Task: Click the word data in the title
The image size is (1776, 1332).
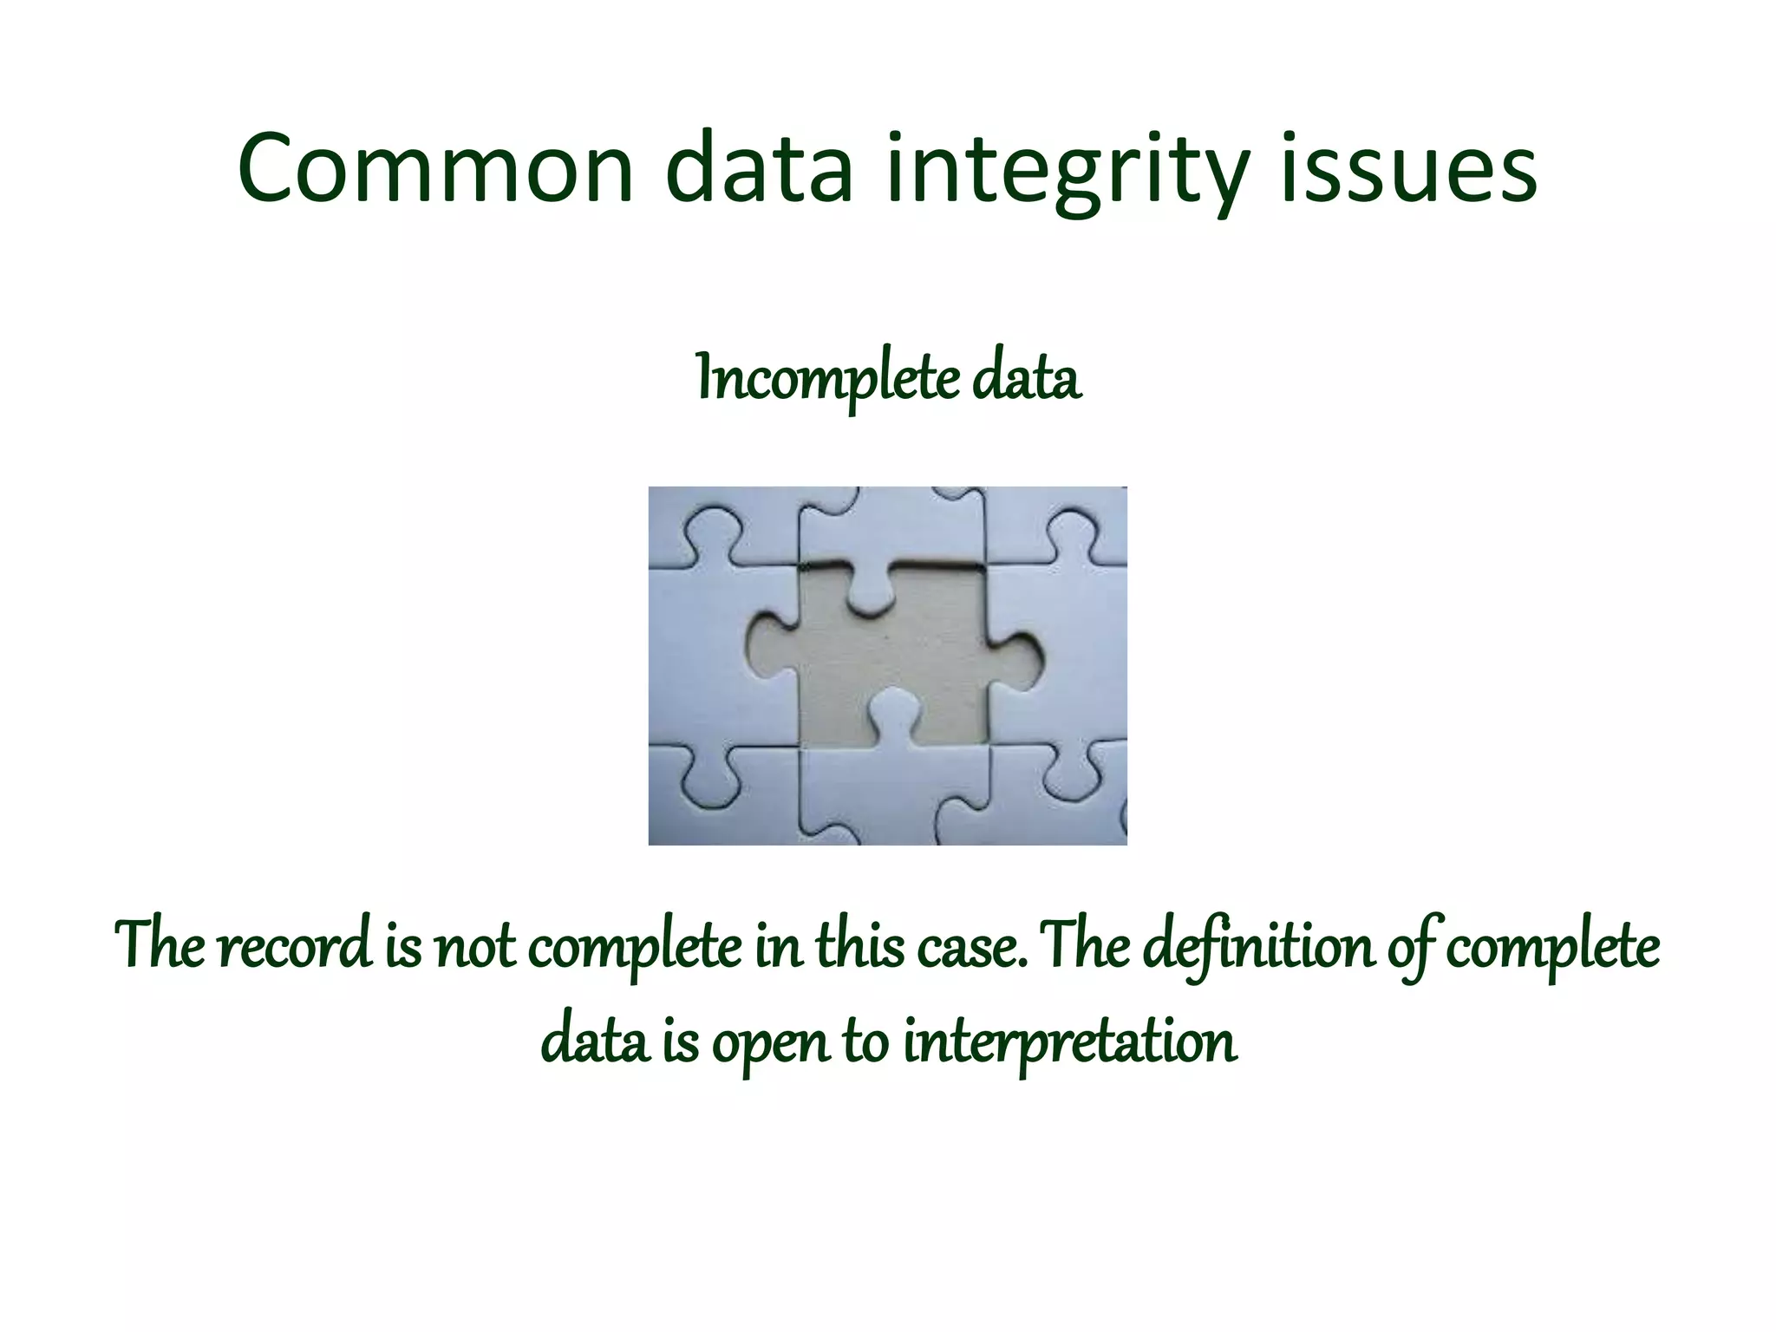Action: tap(760, 169)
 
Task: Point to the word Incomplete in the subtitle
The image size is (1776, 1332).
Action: tap(828, 380)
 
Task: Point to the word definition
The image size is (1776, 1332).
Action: tap(1257, 947)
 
